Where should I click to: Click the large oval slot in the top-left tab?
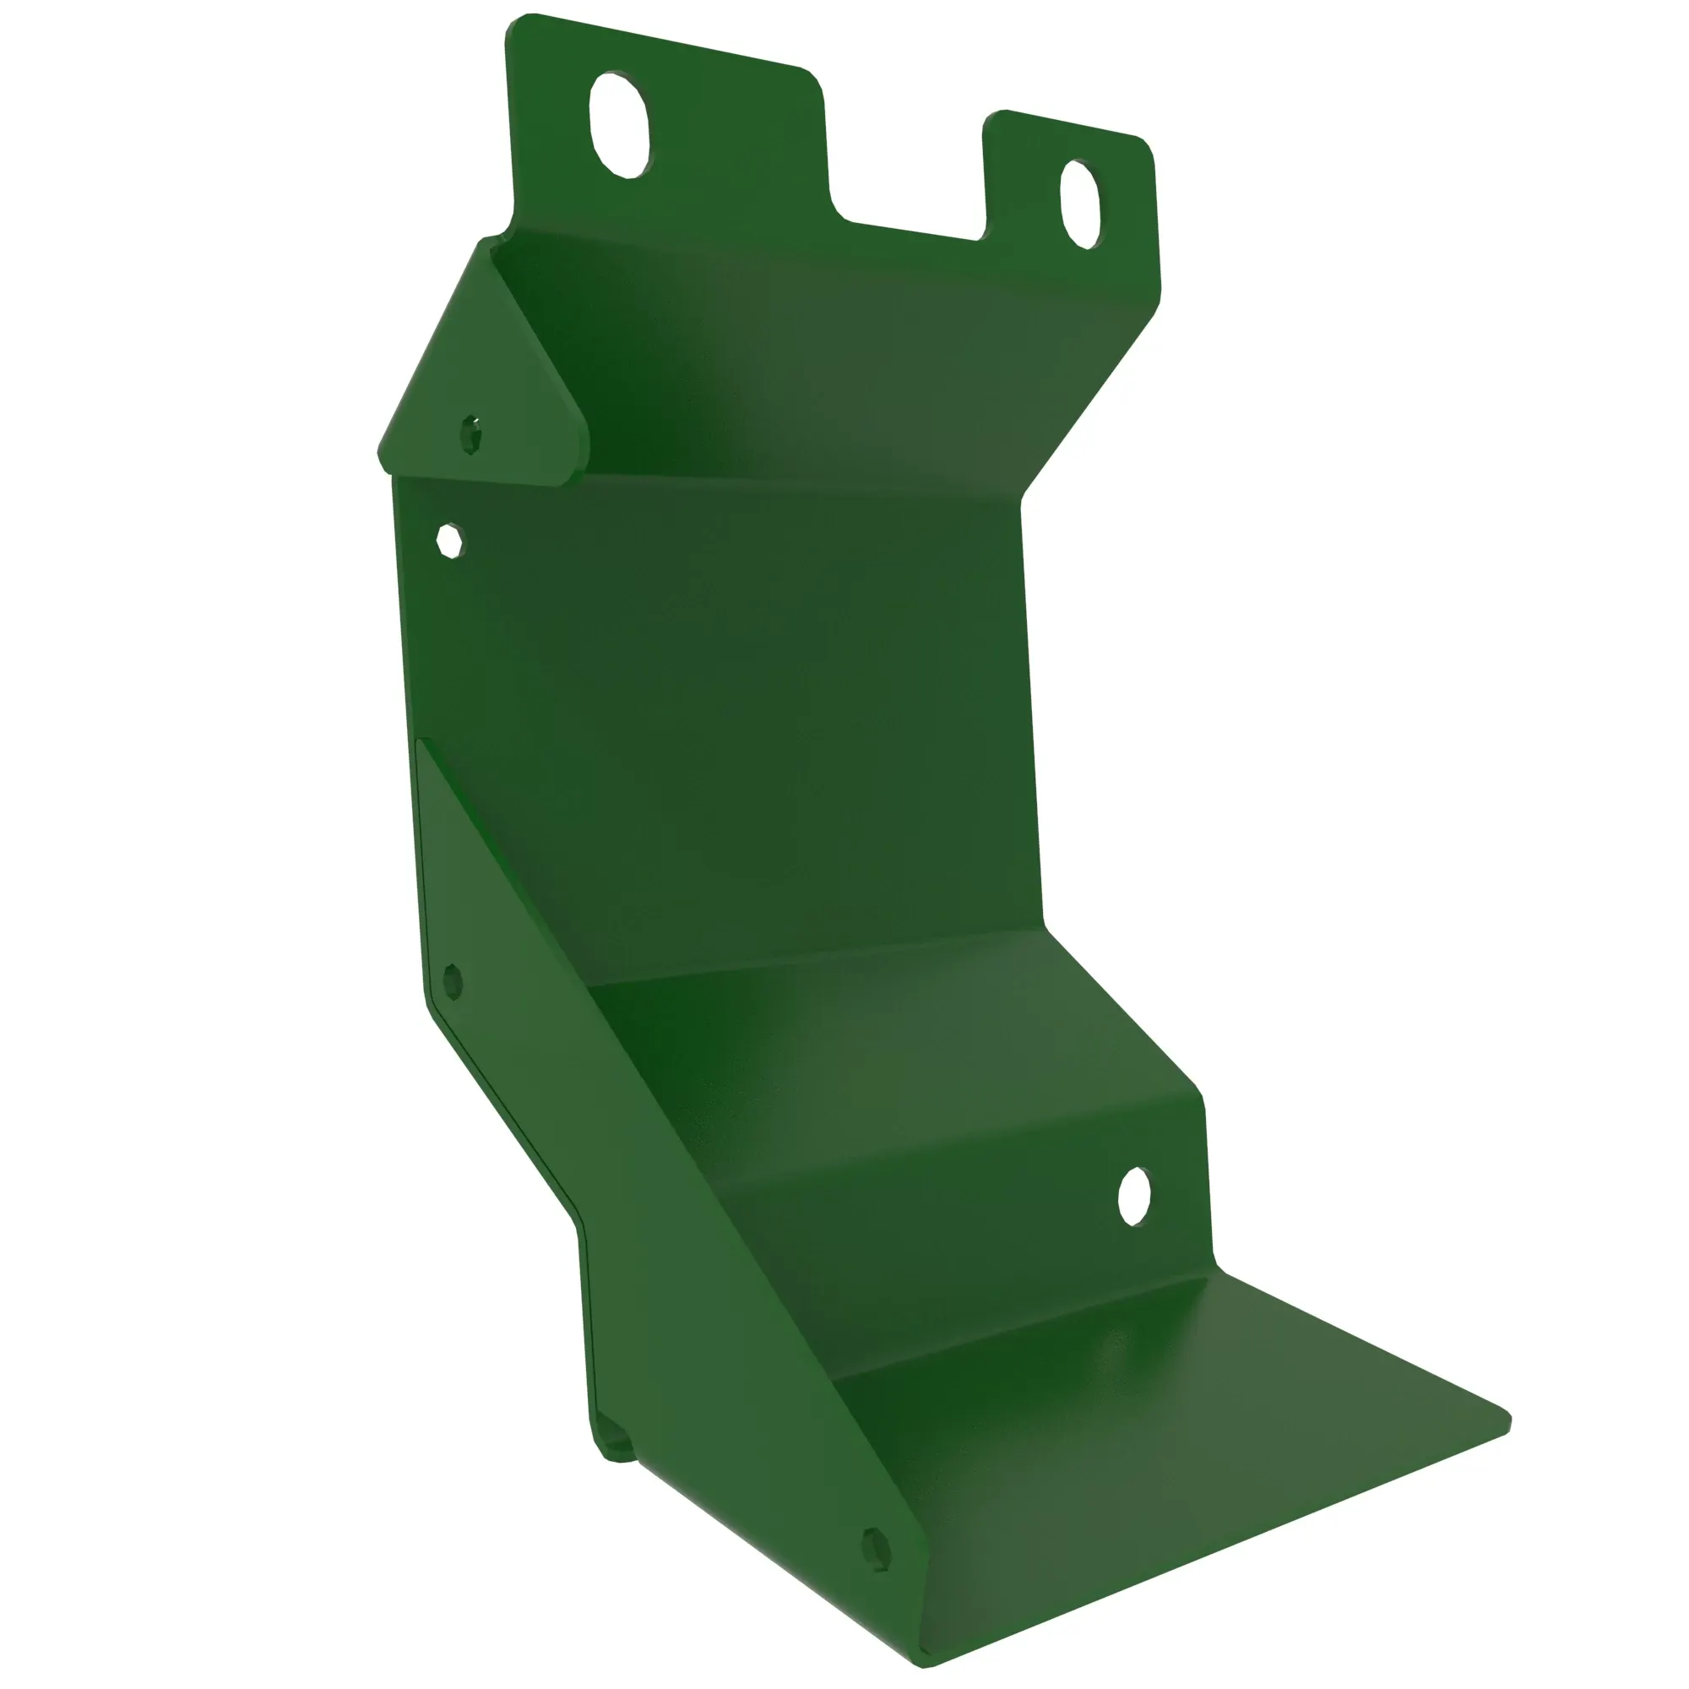pyautogui.click(x=621, y=125)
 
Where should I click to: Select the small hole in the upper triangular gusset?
pyautogui.click(x=471, y=433)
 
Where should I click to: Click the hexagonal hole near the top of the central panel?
pyautogui.click(x=450, y=540)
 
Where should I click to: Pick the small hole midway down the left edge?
pyautogui.click(x=452, y=980)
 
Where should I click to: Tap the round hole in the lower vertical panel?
pyautogui.click(x=1134, y=1196)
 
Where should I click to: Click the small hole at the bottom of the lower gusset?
pyautogui.click(x=876, y=1549)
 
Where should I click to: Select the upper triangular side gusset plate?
pyautogui.click(x=481, y=376)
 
